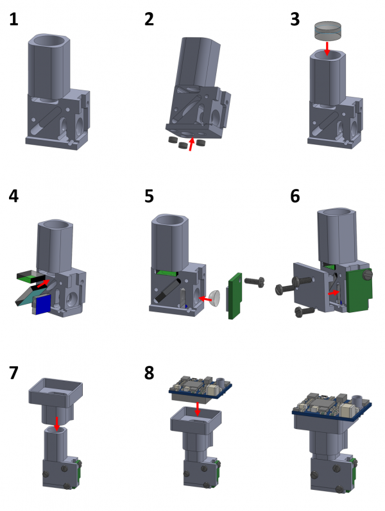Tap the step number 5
150,196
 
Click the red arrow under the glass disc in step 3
327,48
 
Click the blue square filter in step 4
42,305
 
